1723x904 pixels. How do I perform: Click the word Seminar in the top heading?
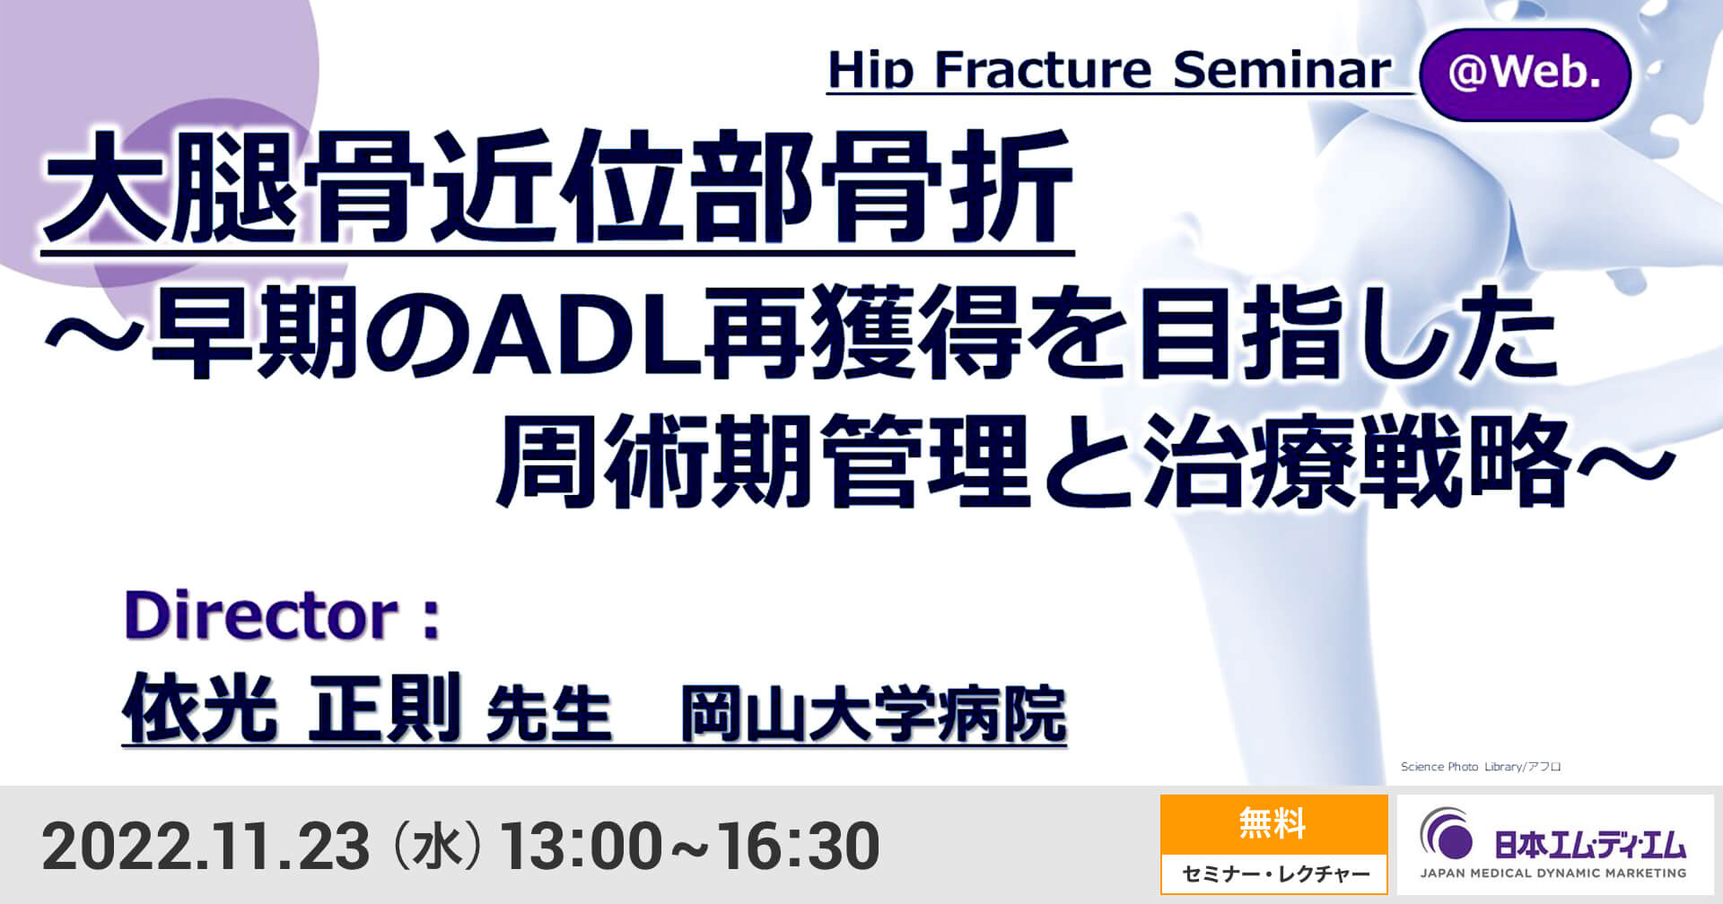tap(1281, 70)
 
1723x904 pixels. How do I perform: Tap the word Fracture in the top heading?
tap(1043, 70)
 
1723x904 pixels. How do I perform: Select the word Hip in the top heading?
tap(870, 70)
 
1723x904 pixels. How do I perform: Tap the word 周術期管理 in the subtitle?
tap(763, 464)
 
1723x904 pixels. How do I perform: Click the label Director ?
tap(283, 616)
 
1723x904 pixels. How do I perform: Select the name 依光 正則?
tap(292, 708)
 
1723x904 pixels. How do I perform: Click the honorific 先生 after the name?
tap(548, 715)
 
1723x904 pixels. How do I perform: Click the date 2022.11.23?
tap(206, 846)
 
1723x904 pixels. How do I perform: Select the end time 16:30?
tap(799, 846)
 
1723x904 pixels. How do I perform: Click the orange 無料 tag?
tap(1273, 823)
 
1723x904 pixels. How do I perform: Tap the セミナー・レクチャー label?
tap(1274, 874)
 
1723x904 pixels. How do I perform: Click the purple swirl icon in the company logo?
tap(1447, 834)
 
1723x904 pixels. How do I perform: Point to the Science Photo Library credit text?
tap(1481, 767)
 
